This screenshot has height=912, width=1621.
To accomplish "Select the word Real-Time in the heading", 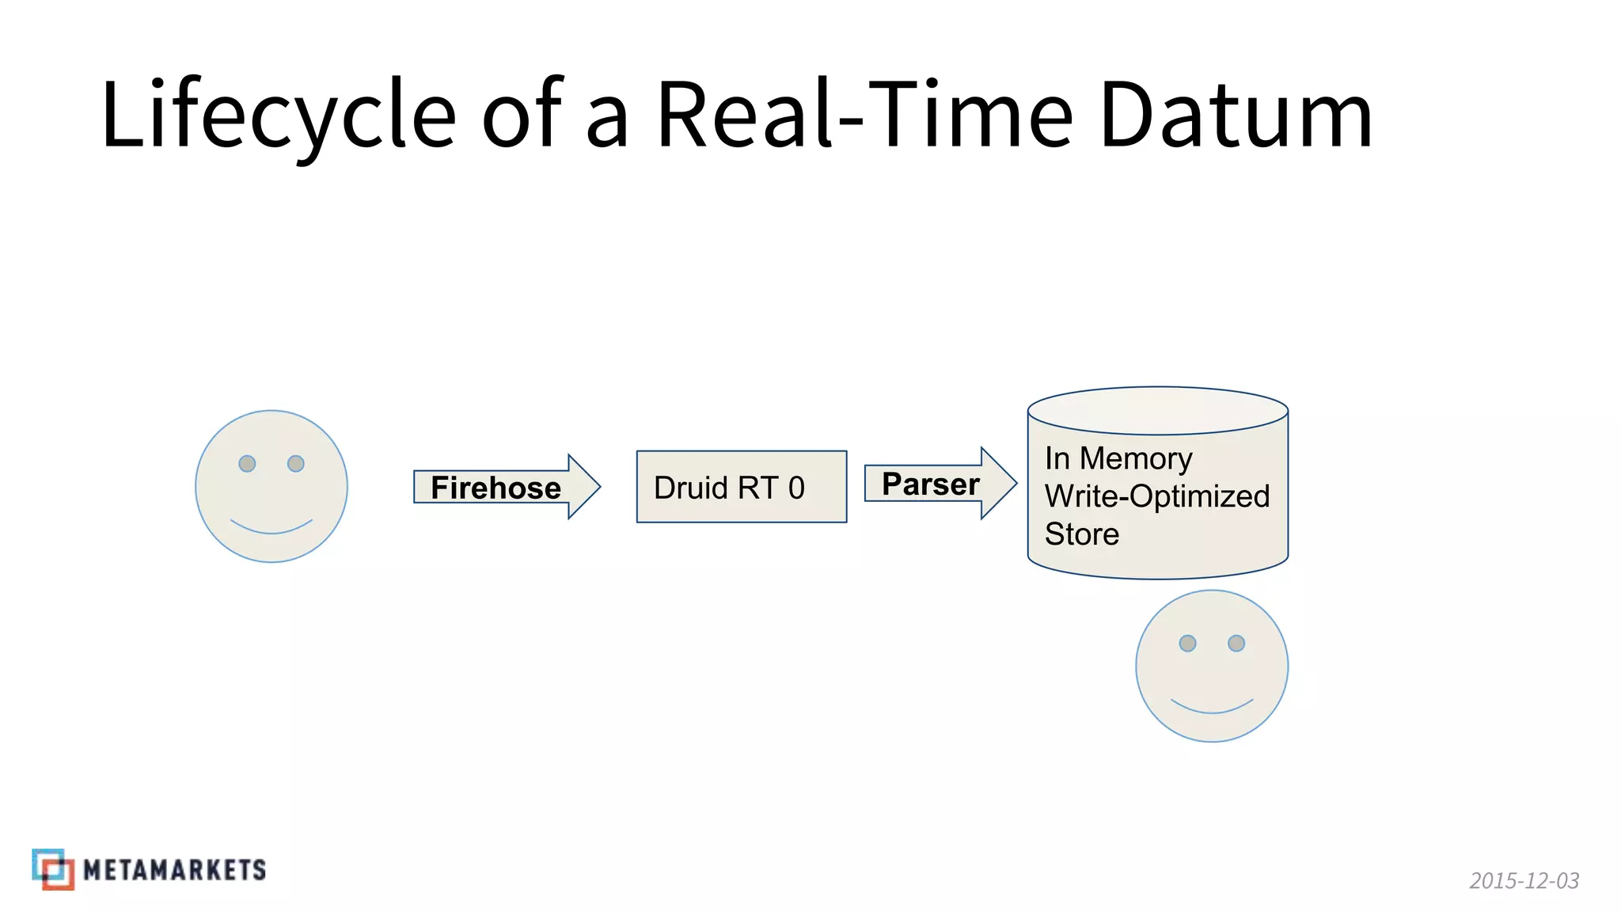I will point(864,115).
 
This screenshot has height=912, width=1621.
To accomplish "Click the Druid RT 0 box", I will point(742,487).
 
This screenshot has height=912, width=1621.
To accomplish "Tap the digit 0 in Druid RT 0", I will point(796,488).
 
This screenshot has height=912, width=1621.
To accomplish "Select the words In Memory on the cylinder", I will point(1118,458).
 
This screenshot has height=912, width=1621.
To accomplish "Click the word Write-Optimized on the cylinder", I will point(1156,496).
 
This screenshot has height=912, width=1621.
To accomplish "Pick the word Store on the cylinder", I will point(1081,534).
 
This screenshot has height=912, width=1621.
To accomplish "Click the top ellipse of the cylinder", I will point(1157,410).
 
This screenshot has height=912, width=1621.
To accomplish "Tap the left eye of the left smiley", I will point(247,463).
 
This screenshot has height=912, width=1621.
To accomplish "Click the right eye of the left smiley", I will point(296,463).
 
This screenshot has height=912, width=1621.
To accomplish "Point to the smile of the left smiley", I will point(271,528).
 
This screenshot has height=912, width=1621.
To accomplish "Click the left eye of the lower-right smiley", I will point(1187,643).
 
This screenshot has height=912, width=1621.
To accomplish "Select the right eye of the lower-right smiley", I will point(1236,643).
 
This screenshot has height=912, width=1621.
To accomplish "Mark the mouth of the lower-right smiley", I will point(1212,708).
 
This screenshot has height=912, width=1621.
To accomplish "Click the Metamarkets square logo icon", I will point(53,869).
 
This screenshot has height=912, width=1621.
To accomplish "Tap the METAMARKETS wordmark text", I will point(174,870).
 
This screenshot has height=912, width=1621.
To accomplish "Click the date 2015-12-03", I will point(1524,880).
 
